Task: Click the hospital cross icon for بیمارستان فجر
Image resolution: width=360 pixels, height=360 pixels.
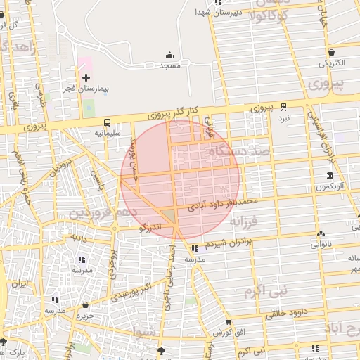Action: click(x=86, y=77)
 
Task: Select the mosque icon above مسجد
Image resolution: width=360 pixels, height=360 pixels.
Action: click(x=169, y=56)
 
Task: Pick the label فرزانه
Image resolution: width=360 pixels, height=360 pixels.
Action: click(x=245, y=222)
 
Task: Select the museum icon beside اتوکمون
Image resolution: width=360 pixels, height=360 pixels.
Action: click(x=330, y=175)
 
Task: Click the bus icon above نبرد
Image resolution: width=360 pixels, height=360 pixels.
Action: click(x=283, y=107)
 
